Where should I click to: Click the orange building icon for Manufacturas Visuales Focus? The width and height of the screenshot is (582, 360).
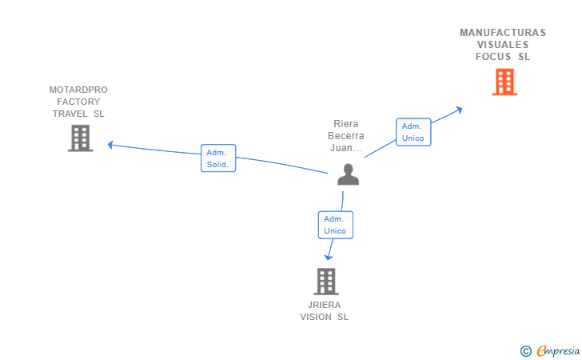coord(504,82)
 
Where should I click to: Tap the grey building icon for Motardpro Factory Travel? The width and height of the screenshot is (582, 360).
coord(80,138)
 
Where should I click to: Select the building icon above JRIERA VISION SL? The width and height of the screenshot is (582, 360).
coord(325,282)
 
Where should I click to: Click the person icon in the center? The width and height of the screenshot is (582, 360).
coord(348,174)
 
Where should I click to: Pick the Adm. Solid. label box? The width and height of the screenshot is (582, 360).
coord(217,158)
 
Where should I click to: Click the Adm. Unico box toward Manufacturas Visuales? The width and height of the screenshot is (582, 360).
coord(413,132)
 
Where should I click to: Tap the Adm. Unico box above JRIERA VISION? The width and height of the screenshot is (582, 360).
coord(335,225)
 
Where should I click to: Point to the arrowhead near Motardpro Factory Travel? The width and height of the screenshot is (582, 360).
coord(112,144)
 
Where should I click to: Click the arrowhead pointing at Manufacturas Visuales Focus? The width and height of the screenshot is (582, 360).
coord(458,110)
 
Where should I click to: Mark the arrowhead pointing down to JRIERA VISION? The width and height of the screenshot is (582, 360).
coord(328,256)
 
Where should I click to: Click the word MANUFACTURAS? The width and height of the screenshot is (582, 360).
coord(503,33)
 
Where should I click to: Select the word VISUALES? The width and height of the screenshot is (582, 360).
coord(503,45)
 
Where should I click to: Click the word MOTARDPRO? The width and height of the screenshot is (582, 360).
coord(78,90)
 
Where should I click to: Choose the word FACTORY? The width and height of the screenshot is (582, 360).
coord(78,102)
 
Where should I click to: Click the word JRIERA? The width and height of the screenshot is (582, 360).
coord(324,305)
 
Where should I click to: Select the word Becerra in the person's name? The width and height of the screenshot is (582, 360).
coord(346,136)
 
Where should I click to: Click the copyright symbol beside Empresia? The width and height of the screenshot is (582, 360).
coord(526,350)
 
